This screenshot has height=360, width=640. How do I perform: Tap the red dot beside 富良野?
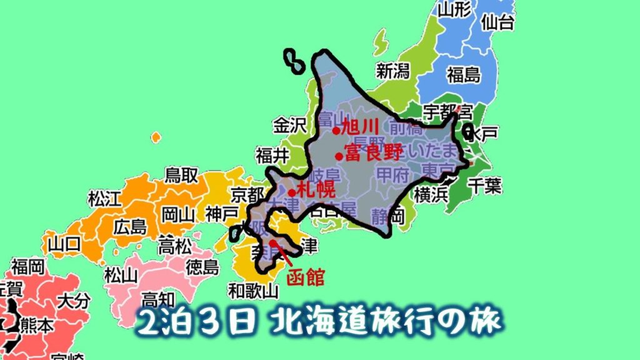pyautogui.click(x=338, y=156)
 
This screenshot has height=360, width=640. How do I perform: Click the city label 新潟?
pyautogui.click(x=392, y=71)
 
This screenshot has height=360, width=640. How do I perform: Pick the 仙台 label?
pyautogui.click(x=497, y=22)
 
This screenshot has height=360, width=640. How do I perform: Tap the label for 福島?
pyautogui.click(x=464, y=75)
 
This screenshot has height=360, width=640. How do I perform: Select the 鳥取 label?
pyautogui.click(x=181, y=175)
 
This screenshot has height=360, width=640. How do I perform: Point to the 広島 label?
pyautogui.click(x=130, y=226)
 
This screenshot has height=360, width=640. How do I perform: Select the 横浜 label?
pyautogui.click(x=431, y=194)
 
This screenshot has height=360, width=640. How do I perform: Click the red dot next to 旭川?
pyautogui.click(x=336, y=131)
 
